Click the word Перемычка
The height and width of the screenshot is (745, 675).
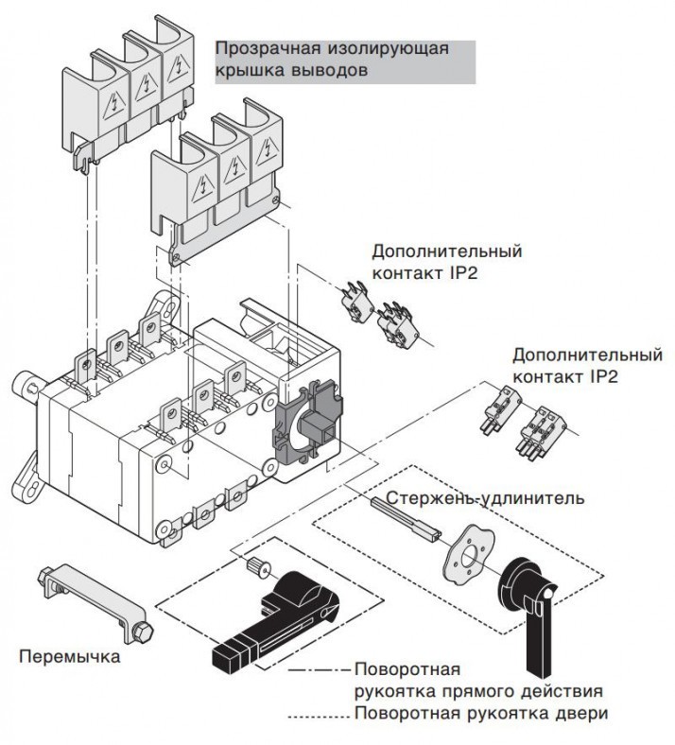[70, 655]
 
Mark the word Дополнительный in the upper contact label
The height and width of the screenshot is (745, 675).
[446, 252]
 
